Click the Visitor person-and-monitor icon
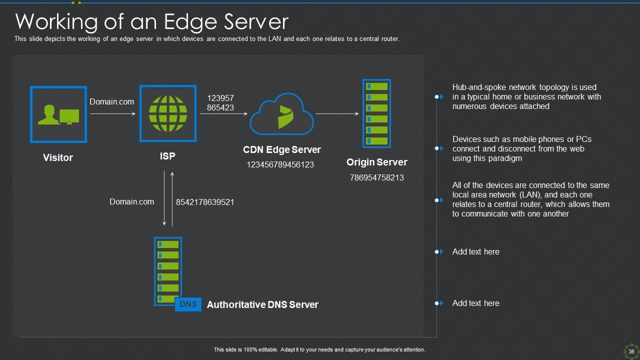[x=58, y=114]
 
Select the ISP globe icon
[x=167, y=113]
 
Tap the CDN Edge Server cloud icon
[x=281, y=114]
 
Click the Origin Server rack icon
[x=376, y=113]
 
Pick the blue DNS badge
[x=188, y=304]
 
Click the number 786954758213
[x=376, y=177]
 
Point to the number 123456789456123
[x=280, y=164]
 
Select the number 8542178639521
[x=205, y=202]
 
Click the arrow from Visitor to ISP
[x=113, y=114]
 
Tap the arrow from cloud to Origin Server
[x=337, y=114]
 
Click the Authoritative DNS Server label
[x=262, y=304]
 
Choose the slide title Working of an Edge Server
[x=152, y=22]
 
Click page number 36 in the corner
[x=631, y=351]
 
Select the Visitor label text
[x=58, y=157]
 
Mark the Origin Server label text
[x=376, y=162]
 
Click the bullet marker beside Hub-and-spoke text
[x=438, y=96]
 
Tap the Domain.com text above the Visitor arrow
[x=111, y=101]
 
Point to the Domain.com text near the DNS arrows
[x=131, y=201]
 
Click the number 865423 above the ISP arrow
[x=220, y=107]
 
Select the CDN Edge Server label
[x=281, y=149]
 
